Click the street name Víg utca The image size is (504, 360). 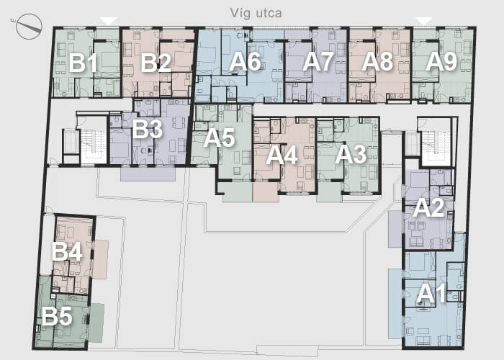(256, 13)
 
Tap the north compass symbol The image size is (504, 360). (29, 27)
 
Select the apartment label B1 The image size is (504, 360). (83, 63)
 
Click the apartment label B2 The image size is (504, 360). (156, 63)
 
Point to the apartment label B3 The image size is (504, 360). (147, 129)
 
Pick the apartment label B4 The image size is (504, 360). (67, 251)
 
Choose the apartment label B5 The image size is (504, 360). (57, 316)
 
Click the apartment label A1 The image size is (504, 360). (431, 294)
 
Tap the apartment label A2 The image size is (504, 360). (429, 207)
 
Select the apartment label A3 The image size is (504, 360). (351, 155)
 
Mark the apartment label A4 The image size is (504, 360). (282, 156)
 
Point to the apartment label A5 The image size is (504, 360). (219, 138)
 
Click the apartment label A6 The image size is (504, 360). (245, 61)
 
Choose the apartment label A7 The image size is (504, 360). (318, 61)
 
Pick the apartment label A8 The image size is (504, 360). (377, 61)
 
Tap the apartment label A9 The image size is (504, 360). (441, 61)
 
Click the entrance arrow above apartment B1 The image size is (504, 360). (109, 21)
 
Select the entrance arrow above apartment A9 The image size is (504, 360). (424, 21)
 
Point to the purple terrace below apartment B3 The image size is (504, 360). (148, 174)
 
